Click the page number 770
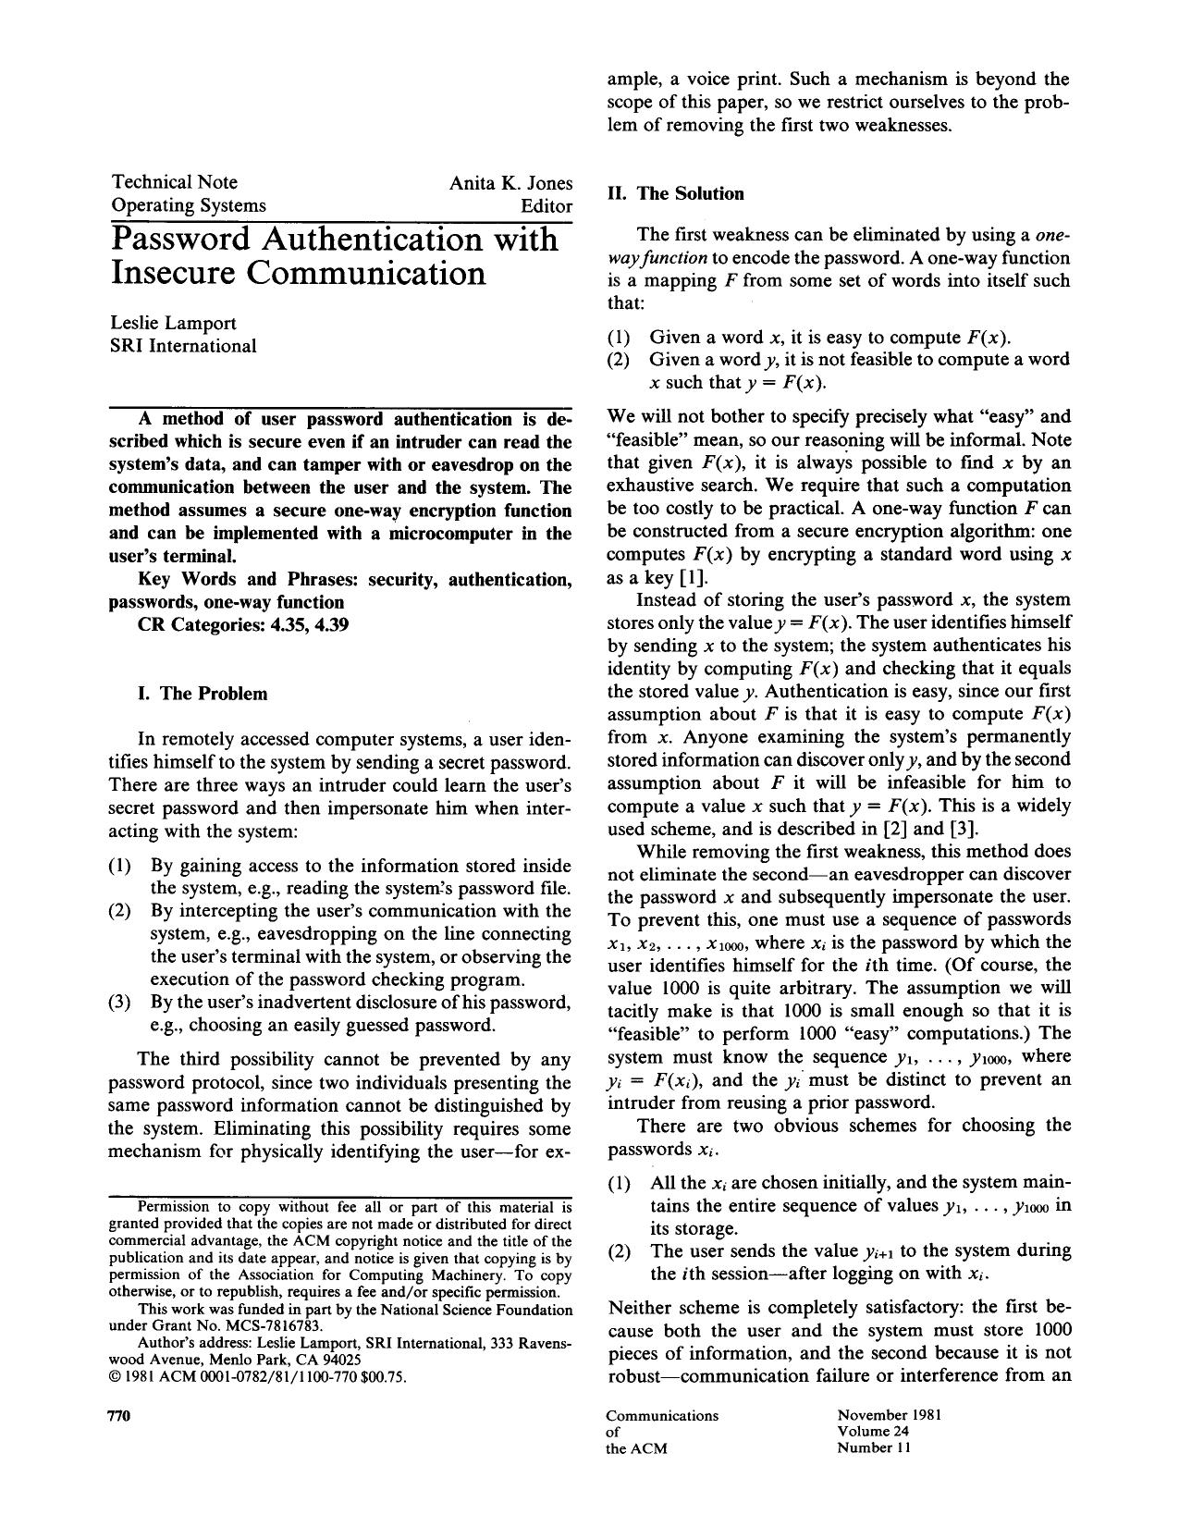123,1416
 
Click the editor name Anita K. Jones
510,183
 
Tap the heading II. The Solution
675,193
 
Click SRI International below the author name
183,346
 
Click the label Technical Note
174,182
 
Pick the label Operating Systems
188,205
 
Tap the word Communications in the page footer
662,1415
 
